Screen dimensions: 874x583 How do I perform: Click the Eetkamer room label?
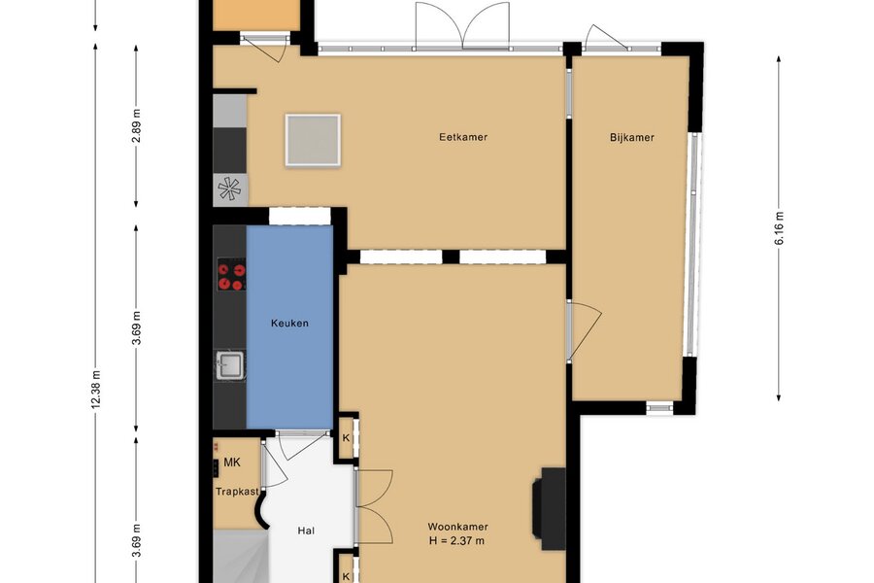[463, 137]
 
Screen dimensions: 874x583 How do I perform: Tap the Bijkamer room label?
[631, 137]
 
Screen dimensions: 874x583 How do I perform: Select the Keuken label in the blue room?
[289, 323]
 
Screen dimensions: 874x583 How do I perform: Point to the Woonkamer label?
[457, 527]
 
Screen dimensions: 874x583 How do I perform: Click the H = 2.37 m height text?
[456, 540]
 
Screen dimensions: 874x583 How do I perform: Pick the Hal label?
[306, 531]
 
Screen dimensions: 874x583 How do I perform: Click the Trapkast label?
[238, 492]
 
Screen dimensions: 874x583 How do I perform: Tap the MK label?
[232, 463]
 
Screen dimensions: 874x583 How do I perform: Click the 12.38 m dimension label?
[96, 390]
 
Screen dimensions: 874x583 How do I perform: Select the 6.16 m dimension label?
[779, 228]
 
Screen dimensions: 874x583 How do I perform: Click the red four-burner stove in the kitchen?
[232, 274]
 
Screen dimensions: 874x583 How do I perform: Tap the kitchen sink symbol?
[229, 366]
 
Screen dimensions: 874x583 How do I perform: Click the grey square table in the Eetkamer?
[313, 140]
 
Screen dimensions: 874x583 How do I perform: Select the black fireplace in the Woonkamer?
[549, 509]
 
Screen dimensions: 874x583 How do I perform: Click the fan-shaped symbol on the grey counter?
[229, 189]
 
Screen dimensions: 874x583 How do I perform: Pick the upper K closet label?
[346, 438]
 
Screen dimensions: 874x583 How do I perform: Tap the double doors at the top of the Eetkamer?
[462, 26]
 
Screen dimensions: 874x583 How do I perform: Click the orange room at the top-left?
[257, 16]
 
